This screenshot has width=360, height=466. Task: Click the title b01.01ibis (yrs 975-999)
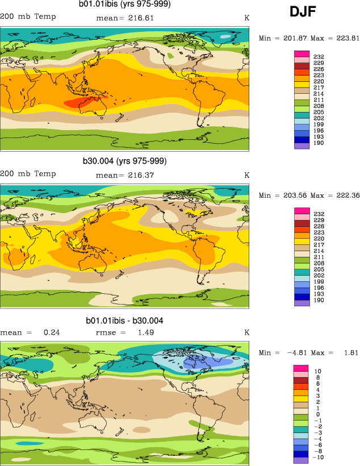coord(124,5)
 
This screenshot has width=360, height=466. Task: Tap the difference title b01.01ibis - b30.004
coord(124,321)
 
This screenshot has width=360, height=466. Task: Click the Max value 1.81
coord(350,352)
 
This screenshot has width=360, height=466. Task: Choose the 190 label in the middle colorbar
coord(317,300)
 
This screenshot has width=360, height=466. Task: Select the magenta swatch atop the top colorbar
coord(301,53)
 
